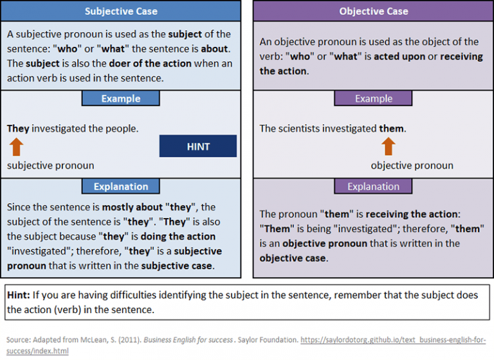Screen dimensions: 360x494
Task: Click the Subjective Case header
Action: coord(121,12)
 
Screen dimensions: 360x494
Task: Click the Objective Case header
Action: coord(373,12)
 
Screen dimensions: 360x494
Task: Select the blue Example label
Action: coord(120,99)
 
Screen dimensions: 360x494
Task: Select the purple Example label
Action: coord(373,99)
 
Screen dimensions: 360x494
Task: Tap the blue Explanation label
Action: coord(120,187)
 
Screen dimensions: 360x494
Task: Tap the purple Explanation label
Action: coord(373,187)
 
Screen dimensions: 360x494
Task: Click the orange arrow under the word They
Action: coord(17,147)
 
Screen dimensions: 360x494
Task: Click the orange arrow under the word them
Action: coord(388,147)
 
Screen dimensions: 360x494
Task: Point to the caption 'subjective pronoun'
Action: coord(51,166)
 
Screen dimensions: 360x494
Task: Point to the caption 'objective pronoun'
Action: coord(412,166)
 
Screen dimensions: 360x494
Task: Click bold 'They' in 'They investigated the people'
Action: coord(18,129)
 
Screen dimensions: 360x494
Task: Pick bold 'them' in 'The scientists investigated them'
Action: coord(391,129)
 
